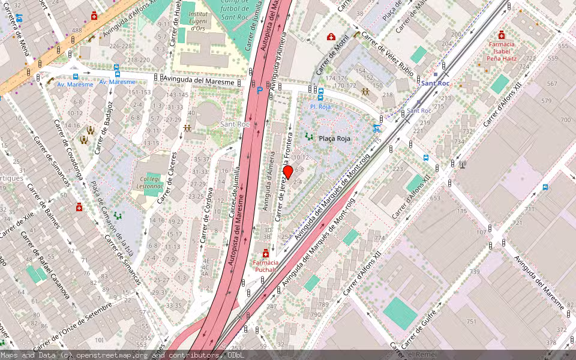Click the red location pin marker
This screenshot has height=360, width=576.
tap(288, 172)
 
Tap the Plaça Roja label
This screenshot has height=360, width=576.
tap(334, 139)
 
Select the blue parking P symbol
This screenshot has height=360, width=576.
tap(260, 90)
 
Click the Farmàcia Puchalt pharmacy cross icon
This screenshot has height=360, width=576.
tap(266, 254)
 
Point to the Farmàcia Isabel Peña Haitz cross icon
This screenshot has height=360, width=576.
tap(502, 35)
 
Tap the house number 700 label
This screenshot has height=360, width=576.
tap(565, 120)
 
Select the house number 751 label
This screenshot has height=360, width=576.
tap(472, 322)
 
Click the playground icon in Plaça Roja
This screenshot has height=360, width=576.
tap(309, 137)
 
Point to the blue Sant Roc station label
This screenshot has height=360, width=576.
tap(435, 83)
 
